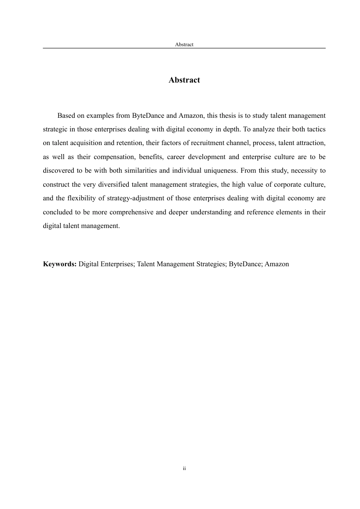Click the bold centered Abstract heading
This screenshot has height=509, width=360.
pos(184,80)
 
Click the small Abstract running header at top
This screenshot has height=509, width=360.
pos(184,44)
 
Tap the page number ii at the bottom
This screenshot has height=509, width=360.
pos(184,468)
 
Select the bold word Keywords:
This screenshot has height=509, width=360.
pos(60,264)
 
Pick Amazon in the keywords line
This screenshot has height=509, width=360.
pos(277,264)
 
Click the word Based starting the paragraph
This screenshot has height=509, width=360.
pos(66,116)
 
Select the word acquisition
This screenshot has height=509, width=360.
pos(86,143)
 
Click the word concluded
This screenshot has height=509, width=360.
pos(57,212)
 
